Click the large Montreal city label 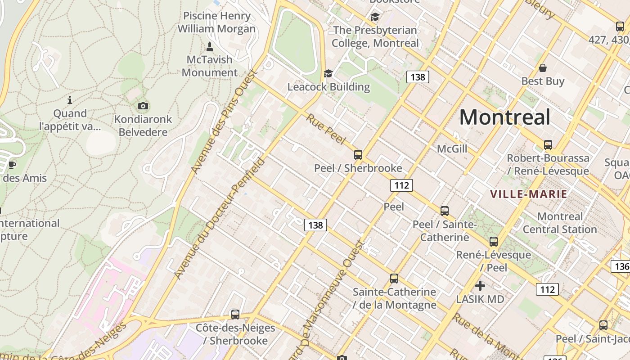click(x=504, y=117)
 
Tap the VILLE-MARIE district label click(x=528, y=194)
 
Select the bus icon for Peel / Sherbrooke click(x=358, y=155)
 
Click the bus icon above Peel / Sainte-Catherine click(x=445, y=211)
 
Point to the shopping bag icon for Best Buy click(x=543, y=68)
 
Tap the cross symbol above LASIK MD click(x=480, y=286)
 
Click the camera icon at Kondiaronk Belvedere click(x=143, y=106)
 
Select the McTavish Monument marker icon click(x=209, y=46)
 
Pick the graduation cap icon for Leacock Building click(x=328, y=73)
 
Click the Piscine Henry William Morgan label click(x=216, y=22)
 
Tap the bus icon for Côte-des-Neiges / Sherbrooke click(x=235, y=314)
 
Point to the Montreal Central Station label click(x=560, y=223)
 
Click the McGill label click(x=452, y=149)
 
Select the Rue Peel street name click(x=325, y=129)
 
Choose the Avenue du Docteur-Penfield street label click(x=219, y=218)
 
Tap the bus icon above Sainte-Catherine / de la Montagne click(x=394, y=278)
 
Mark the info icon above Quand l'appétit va click(x=70, y=100)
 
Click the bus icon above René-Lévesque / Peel click(x=494, y=241)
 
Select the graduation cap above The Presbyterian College click(x=375, y=17)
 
